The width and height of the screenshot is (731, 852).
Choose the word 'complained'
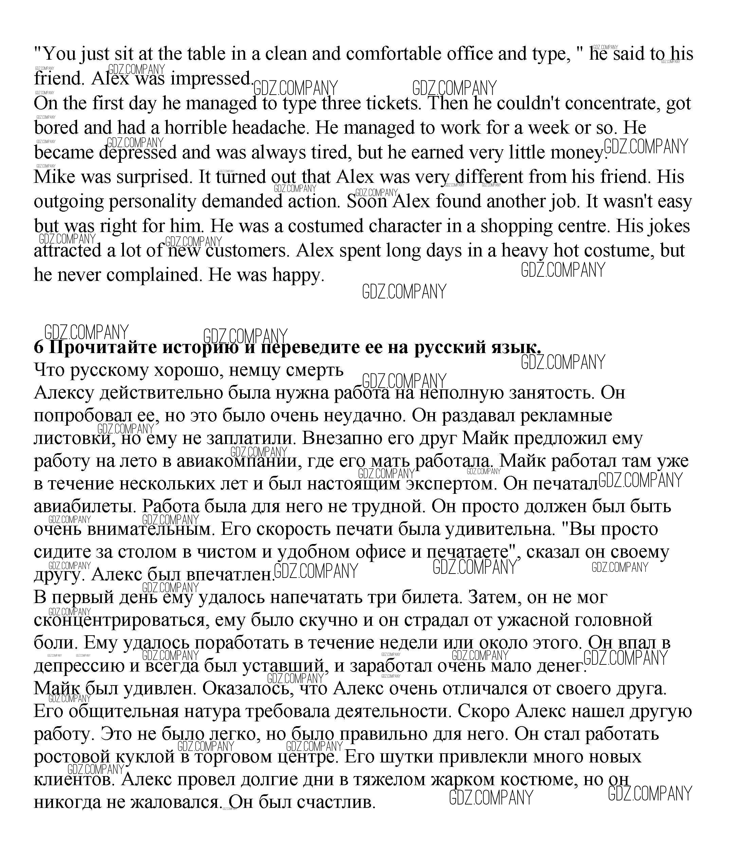coord(153,275)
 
